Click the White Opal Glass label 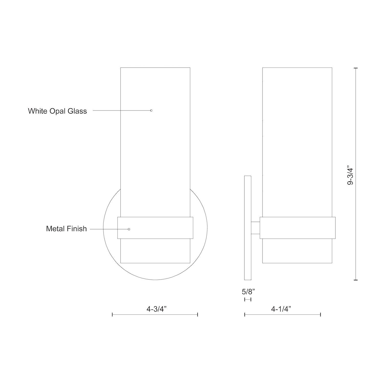pyautogui.click(x=57, y=111)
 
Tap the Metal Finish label pyautogui.click(x=66, y=229)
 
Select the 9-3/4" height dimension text pyautogui.click(x=350, y=176)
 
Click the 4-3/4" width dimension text pyautogui.click(x=157, y=309)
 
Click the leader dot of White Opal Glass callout pyautogui.click(x=151, y=110)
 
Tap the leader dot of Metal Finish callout pyautogui.click(x=129, y=229)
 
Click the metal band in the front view pyautogui.click(x=155, y=228)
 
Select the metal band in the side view pyautogui.click(x=297, y=228)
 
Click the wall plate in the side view pyautogui.click(x=248, y=228)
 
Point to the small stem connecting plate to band pyautogui.click(x=255, y=228)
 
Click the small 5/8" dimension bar pyautogui.click(x=248, y=300)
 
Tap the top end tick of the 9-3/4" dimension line pyautogui.click(x=355, y=68)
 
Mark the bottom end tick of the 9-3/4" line pyautogui.click(x=355, y=280)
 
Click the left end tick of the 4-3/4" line pyautogui.click(x=112, y=315)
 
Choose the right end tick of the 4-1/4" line pyautogui.click(x=321, y=315)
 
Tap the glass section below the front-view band pyautogui.click(x=155, y=251)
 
